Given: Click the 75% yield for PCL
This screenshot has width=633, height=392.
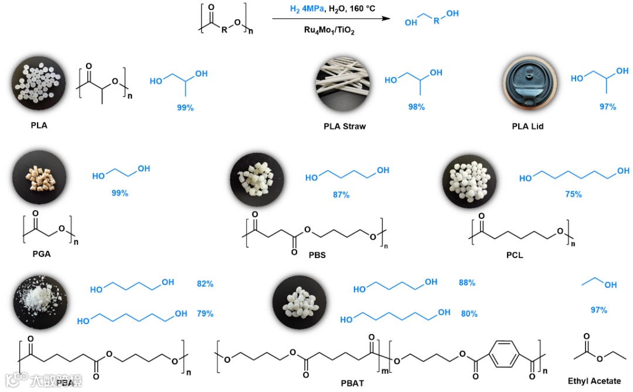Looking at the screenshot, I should point(573,194).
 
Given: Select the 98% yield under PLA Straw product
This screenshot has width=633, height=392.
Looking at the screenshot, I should point(417,107).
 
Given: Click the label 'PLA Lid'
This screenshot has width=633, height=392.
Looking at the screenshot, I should point(528,126).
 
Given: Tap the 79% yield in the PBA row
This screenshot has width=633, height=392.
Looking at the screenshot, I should point(205,314).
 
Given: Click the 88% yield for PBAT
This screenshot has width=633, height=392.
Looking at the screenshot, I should point(467,283).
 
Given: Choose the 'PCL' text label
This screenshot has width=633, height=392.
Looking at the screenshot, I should point(514,255).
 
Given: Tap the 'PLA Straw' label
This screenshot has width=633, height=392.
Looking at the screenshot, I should point(345,126).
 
